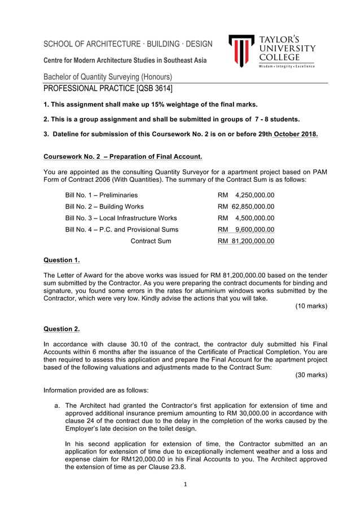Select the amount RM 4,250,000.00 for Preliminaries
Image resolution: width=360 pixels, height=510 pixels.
click(x=246, y=195)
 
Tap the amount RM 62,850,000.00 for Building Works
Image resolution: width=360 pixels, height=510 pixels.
click(x=246, y=207)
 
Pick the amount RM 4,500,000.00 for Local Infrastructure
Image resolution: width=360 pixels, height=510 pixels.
click(x=246, y=218)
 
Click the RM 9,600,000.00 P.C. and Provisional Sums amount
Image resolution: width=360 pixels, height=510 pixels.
click(x=246, y=229)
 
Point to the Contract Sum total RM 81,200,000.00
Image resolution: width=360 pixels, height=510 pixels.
click(x=246, y=241)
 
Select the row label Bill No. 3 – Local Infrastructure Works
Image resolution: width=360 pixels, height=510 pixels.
click(x=121, y=218)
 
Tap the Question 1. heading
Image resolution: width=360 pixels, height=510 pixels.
click(x=62, y=260)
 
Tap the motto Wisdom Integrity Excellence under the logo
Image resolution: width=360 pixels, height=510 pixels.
click(x=287, y=67)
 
